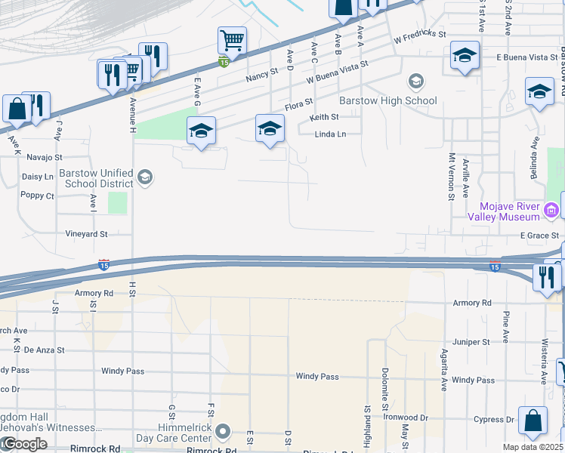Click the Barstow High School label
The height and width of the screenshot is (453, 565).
pyautogui.click(x=387, y=100)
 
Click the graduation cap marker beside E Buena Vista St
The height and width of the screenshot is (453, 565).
pyautogui.click(x=465, y=56)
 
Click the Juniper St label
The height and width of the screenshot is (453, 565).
pyautogui.click(x=471, y=342)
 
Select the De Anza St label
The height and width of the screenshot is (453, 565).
pyautogui.click(x=45, y=350)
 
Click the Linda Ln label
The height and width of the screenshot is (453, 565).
pyautogui.click(x=330, y=134)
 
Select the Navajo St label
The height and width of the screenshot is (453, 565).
pyautogui.click(x=43, y=157)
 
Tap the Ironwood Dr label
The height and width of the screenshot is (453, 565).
pyautogui.click(x=406, y=418)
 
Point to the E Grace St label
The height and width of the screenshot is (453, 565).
pyautogui.click(x=538, y=236)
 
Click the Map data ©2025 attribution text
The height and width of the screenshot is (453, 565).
pyautogui.click(x=533, y=447)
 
